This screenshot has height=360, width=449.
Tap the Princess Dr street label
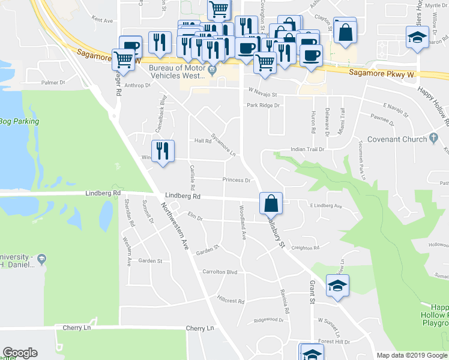(x=236, y=179)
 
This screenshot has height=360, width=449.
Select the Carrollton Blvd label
(x=220, y=271)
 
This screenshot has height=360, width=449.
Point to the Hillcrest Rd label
(x=231, y=301)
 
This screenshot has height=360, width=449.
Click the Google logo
(x=20, y=353)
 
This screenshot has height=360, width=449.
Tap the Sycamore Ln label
(x=223, y=143)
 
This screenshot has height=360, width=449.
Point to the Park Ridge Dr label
(x=263, y=105)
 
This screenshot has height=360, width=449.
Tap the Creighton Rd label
(x=306, y=247)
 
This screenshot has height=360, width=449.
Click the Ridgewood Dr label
(x=268, y=320)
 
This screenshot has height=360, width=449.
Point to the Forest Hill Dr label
(x=334, y=341)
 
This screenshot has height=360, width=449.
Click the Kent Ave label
(x=103, y=20)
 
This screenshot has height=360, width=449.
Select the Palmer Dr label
(x=53, y=82)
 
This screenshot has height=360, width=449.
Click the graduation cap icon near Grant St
(x=337, y=285)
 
